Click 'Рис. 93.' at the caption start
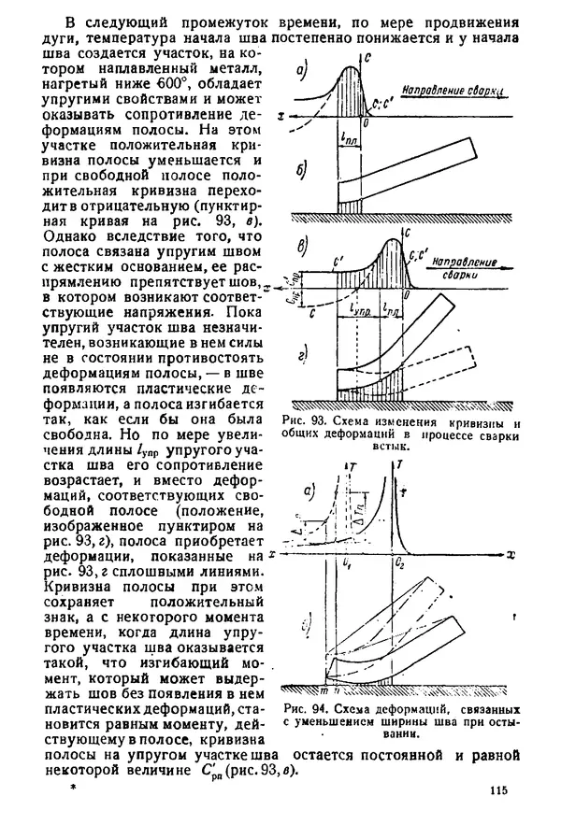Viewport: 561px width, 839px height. point(306,422)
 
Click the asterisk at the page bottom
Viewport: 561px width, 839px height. point(71,789)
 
